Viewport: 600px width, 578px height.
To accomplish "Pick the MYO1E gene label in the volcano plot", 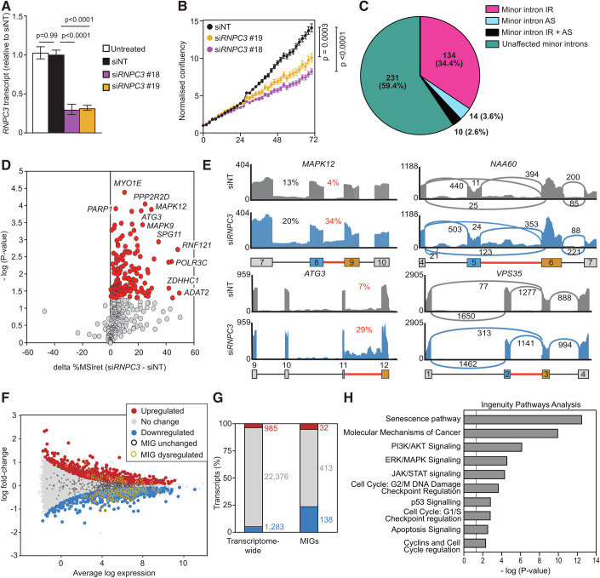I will coord(129,183).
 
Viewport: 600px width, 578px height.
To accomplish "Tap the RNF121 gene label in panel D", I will coord(198,247).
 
